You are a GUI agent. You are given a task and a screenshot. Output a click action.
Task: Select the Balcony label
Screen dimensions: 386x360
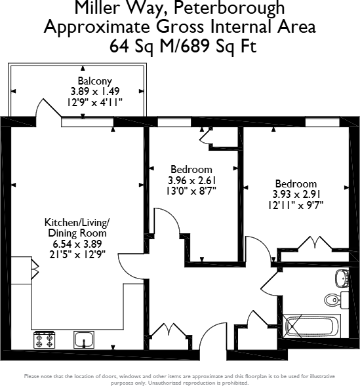96,82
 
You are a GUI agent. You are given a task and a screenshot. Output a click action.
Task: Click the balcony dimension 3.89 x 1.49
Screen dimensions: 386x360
96,92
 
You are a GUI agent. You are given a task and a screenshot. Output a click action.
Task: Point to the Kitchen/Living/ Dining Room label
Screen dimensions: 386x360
77,227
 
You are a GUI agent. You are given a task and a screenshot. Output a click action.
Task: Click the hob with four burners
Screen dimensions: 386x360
43,339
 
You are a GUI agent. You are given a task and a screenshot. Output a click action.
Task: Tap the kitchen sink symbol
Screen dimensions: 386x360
83,339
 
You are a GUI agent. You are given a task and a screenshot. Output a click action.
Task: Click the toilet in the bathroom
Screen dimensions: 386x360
333,299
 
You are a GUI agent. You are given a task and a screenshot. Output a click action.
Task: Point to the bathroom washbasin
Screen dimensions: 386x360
341,279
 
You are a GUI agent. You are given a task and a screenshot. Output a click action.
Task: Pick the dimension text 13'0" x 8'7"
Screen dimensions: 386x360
191,191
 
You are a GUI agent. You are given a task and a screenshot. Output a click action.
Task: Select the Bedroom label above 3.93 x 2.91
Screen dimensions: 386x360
296,184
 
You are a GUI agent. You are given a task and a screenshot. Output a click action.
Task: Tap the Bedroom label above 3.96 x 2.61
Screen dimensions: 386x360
191,169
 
